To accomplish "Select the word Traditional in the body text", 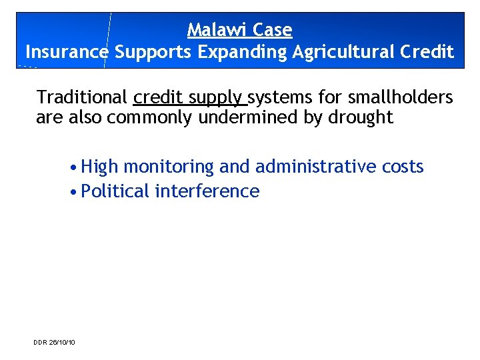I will point(82,97).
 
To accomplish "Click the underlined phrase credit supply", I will point(189,98).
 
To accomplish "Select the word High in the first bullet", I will point(99,167).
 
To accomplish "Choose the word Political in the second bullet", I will point(115,191).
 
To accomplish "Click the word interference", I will point(207,191).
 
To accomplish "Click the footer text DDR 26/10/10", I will point(55,342).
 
